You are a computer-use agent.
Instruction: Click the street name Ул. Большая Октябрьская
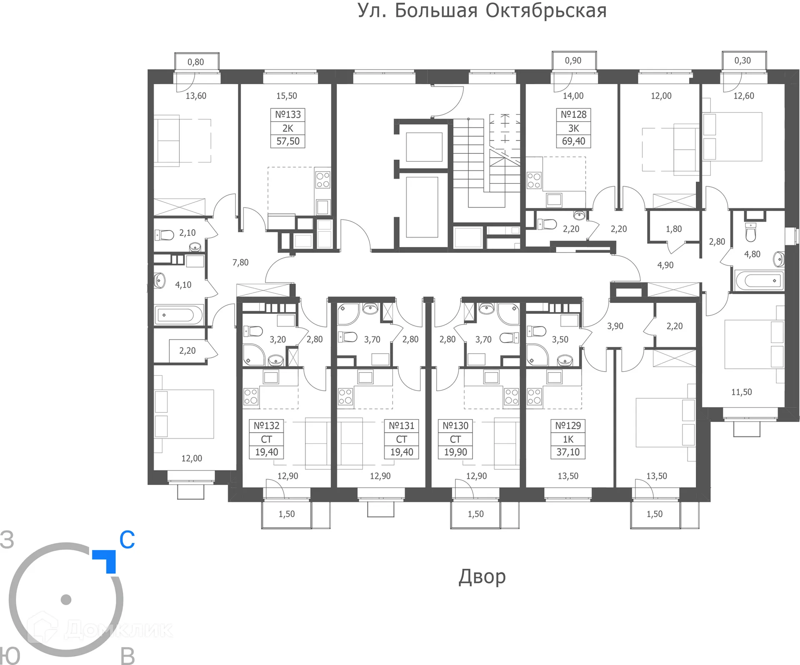(x=482, y=11)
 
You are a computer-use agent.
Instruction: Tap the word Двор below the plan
(x=482, y=577)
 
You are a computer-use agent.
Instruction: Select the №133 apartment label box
(x=287, y=128)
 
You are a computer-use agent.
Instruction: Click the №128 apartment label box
(x=573, y=128)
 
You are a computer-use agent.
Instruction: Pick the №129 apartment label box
(x=568, y=439)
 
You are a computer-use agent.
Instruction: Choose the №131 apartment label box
(x=401, y=439)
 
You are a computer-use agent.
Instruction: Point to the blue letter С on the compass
(x=127, y=540)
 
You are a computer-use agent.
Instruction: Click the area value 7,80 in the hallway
(x=240, y=262)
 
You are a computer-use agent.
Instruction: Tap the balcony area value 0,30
(x=742, y=61)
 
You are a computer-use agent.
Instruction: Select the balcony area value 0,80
(x=196, y=62)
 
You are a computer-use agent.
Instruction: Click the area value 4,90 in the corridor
(x=665, y=265)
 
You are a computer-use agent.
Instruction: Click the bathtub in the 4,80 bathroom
(x=759, y=280)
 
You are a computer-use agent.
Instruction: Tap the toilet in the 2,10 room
(x=165, y=235)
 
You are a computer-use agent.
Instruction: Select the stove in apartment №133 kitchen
(x=322, y=180)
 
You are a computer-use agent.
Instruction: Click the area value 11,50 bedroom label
(x=742, y=392)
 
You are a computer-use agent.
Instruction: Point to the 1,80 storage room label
(x=674, y=229)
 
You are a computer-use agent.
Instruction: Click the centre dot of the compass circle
(x=66, y=600)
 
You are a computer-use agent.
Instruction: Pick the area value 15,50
(x=287, y=96)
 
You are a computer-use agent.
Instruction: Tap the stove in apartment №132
(x=251, y=397)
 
